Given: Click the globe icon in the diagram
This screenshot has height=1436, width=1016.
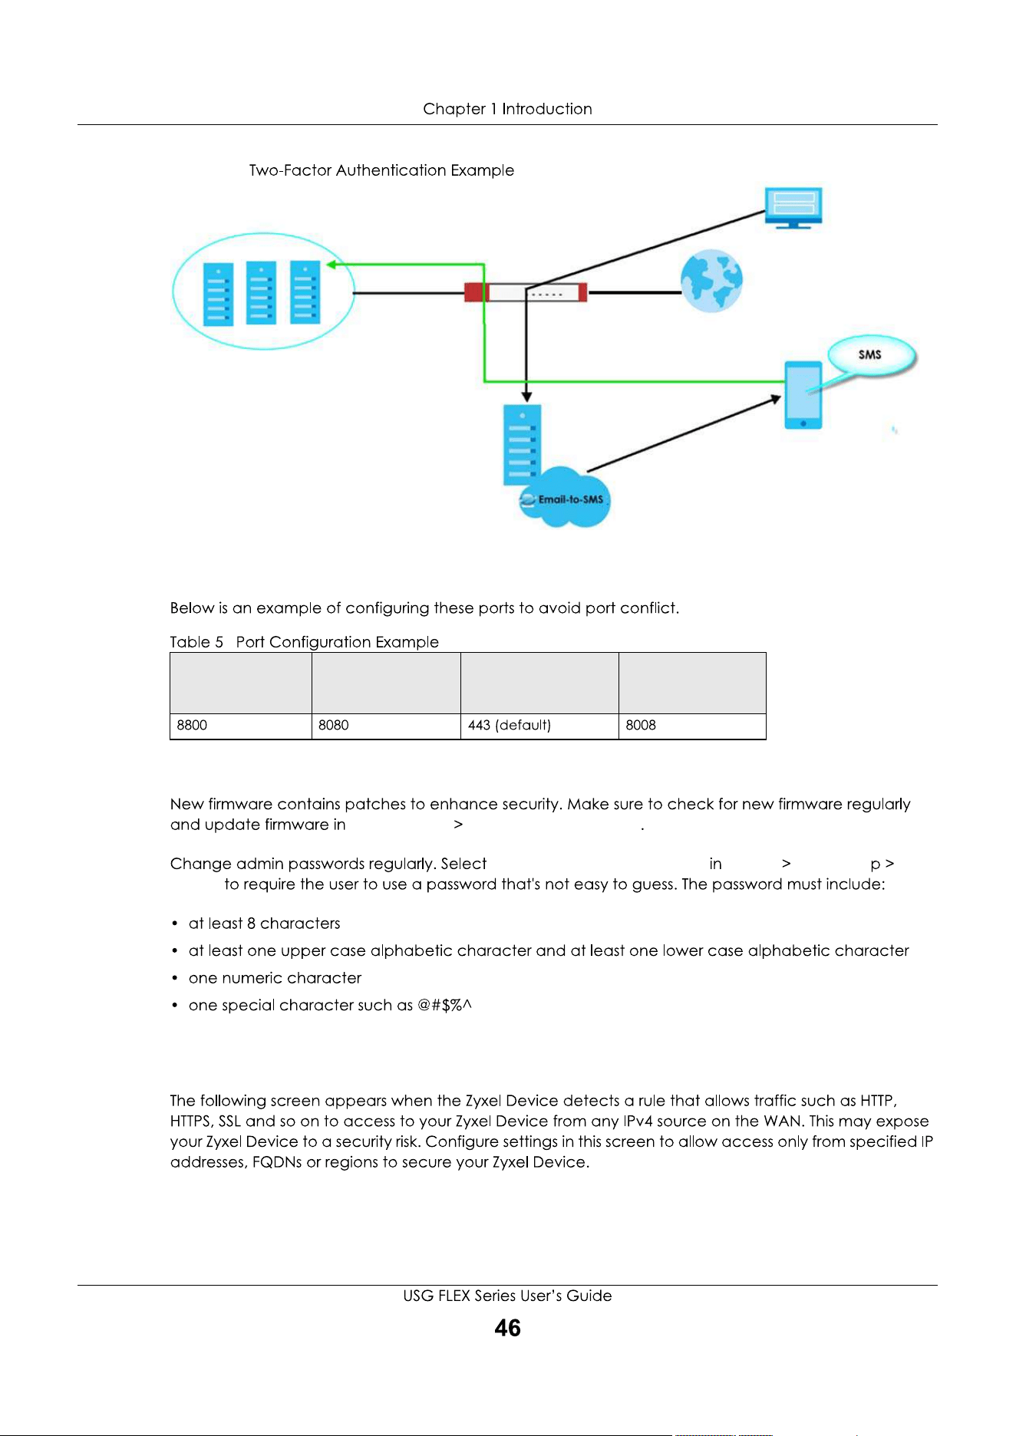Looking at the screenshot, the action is (x=712, y=281).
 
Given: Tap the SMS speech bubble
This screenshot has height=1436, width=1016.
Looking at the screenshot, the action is (x=872, y=355).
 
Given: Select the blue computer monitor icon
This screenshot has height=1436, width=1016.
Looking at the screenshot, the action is (x=793, y=207).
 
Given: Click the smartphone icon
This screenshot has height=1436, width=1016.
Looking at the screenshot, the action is (x=803, y=395).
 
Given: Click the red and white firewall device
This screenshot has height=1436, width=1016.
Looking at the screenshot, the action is (x=526, y=292).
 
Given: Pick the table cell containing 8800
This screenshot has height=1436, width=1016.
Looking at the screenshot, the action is (x=241, y=726).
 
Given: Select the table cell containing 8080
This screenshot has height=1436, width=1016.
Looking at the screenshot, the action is (x=386, y=726).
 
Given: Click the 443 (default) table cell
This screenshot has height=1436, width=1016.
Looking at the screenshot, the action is (x=539, y=726).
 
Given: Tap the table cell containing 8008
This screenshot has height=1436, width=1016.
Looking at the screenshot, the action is (x=692, y=726).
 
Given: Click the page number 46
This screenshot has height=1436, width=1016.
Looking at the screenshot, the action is (x=508, y=1328).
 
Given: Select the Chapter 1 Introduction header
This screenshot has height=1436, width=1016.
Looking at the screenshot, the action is (x=508, y=109).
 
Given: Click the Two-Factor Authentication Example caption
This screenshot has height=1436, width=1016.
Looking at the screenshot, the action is (x=381, y=170).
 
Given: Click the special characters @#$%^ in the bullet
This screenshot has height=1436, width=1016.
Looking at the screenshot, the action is (x=444, y=1005).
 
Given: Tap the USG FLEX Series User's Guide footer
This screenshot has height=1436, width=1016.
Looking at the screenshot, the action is (x=508, y=1296).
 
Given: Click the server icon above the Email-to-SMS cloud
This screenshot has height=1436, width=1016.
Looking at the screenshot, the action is (x=523, y=445).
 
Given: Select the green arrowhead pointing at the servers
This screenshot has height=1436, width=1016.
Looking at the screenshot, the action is (x=332, y=265).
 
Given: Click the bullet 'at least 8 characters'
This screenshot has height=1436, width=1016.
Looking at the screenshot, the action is (x=264, y=924).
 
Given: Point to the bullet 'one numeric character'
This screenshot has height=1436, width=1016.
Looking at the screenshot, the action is (x=275, y=978).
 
